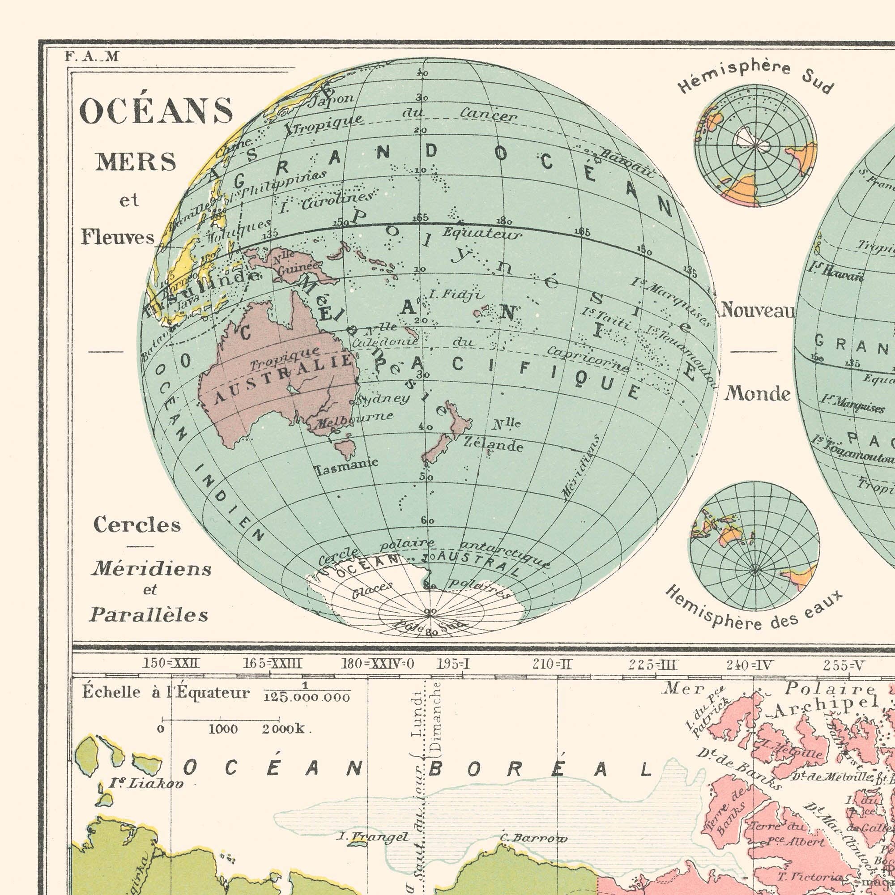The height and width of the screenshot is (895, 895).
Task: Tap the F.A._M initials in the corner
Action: (x=92, y=56)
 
